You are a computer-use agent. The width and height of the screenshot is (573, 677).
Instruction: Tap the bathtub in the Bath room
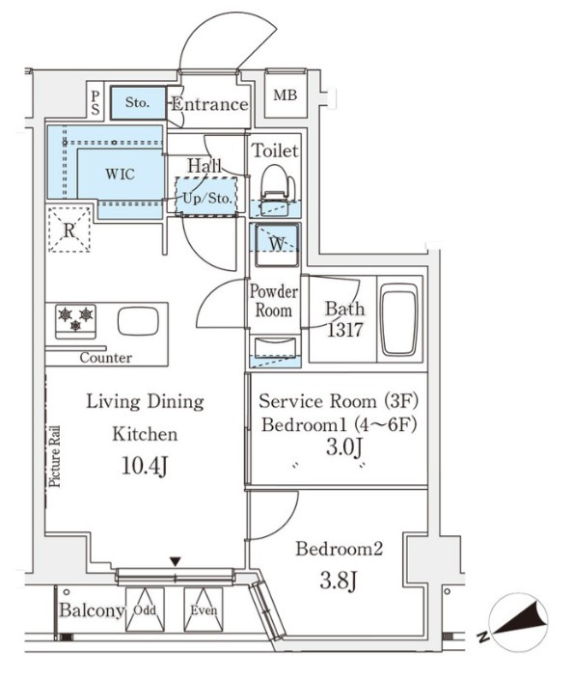coord(399,318)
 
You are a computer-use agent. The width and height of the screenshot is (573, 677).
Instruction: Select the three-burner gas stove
coord(75,320)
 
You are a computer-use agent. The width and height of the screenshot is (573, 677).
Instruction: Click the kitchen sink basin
coord(138,321)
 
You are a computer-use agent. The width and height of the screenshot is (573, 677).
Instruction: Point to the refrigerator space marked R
coord(69,230)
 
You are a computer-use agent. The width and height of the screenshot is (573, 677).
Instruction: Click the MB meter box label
coord(285,95)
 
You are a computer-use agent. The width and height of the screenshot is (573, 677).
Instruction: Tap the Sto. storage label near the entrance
coord(137,102)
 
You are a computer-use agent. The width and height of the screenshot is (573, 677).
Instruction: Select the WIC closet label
coord(120,175)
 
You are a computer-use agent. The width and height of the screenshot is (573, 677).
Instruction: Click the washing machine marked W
coord(276,244)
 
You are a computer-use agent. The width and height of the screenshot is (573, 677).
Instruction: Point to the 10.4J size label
coord(145,467)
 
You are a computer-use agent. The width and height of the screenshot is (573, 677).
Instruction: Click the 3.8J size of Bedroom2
coord(339,581)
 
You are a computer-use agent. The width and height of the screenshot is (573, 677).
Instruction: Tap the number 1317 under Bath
coord(344,330)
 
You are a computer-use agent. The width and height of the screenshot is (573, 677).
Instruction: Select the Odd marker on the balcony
coord(145,610)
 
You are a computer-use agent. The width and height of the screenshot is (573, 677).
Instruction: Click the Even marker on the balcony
coord(204,610)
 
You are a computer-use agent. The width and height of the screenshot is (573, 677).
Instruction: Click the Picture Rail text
coord(54,456)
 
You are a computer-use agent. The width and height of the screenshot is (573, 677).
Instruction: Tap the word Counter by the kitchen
coord(106,358)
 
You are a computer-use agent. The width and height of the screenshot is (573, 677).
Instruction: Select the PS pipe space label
coord(95,102)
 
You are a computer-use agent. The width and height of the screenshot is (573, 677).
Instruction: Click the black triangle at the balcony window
coord(175,561)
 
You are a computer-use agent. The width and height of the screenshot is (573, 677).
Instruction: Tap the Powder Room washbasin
coord(275,348)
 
